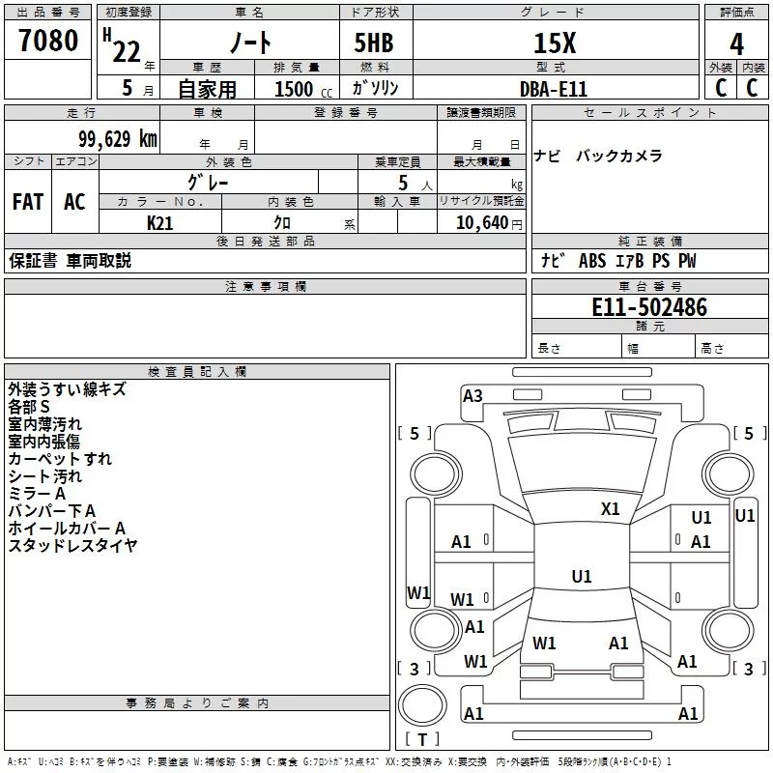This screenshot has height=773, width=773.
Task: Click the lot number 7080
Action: pyautogui.click(x=48, y=41)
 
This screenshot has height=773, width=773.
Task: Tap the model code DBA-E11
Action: pyautogui.click(x=553, y=89)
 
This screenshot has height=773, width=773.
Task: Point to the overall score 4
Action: pyautogui.click(x=736, y=44)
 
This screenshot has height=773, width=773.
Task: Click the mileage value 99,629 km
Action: pyautogui.click(x=112, y=139)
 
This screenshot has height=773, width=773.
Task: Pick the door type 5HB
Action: pyautogui.click(x=375, y=44)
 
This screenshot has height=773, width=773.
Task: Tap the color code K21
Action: pyautogui.click(x=159, y=223)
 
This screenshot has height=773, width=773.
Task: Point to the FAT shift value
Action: pyautogui.click(x=28, y=202)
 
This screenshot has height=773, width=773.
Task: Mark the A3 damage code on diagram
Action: pyautogui.click(x=472, y=396)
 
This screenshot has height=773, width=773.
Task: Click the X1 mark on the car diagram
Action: pyautogui.click(x=611, y=508)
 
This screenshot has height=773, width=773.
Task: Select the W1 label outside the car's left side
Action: pyautogui.click(x=417, y=592)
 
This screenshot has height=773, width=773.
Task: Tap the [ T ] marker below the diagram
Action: pyautogui.click(x=421, y=739)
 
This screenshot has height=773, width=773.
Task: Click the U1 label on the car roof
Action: pyautogui.click(x=581, y=577)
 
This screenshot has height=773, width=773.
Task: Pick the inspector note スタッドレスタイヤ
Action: pyautogui.click(x=72, y=546)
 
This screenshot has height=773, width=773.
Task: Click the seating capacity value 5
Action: pyautogui.click(x=402, y=183)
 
